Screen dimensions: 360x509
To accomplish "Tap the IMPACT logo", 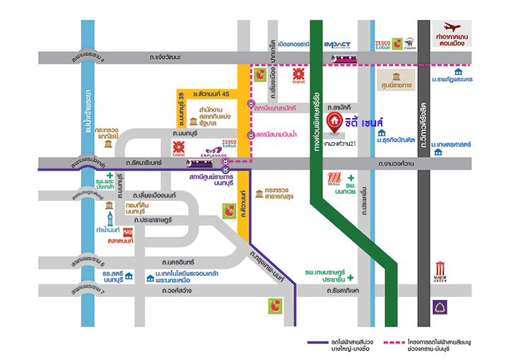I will pos(337,45).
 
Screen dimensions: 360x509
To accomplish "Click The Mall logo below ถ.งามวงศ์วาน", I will pos(335,180).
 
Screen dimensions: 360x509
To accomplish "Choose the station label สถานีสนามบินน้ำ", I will pos(281,134).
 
